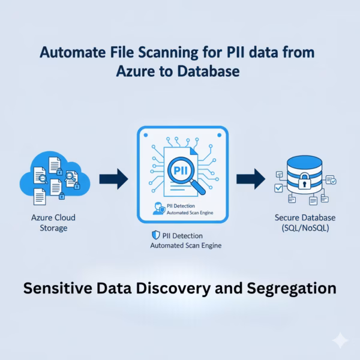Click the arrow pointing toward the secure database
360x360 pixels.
pyautogui.click(x=251, y=178)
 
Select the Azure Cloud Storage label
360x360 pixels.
pyautogui.click(x=55, y=223)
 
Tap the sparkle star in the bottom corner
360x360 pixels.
pyautogui.click(x=340, y=340)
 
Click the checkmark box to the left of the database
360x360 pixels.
pyautogui.click(x=278, y=188)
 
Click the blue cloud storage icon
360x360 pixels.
pyautogui.click(x=54, y=178)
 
